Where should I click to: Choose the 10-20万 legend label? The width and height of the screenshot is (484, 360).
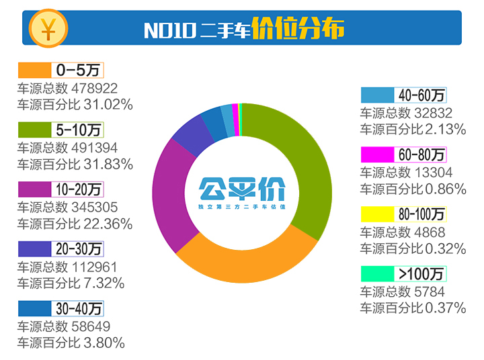click(79, 189)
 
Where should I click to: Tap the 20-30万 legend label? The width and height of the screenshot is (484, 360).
click(79, 249)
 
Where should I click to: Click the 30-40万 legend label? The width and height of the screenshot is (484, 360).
click(79, 308)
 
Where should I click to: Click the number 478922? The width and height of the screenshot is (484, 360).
click(95, 88)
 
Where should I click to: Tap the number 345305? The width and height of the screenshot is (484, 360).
click(95, 207)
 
